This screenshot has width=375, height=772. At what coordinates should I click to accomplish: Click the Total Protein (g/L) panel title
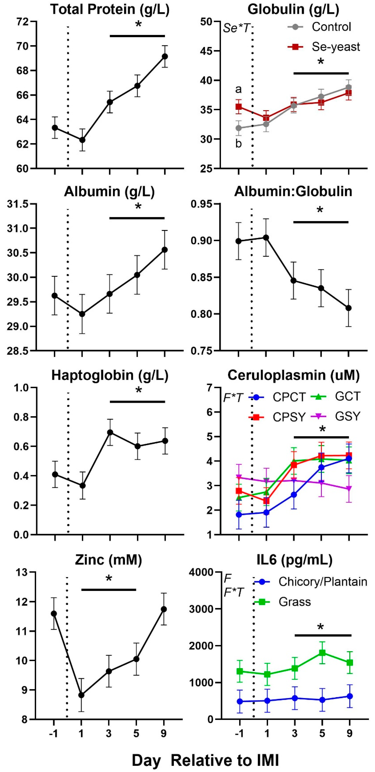[x=110, y=10]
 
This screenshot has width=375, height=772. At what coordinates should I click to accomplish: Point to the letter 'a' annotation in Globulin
[x=238, y=89]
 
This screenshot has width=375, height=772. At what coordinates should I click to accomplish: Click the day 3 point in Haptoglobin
[x=110, y=432]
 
